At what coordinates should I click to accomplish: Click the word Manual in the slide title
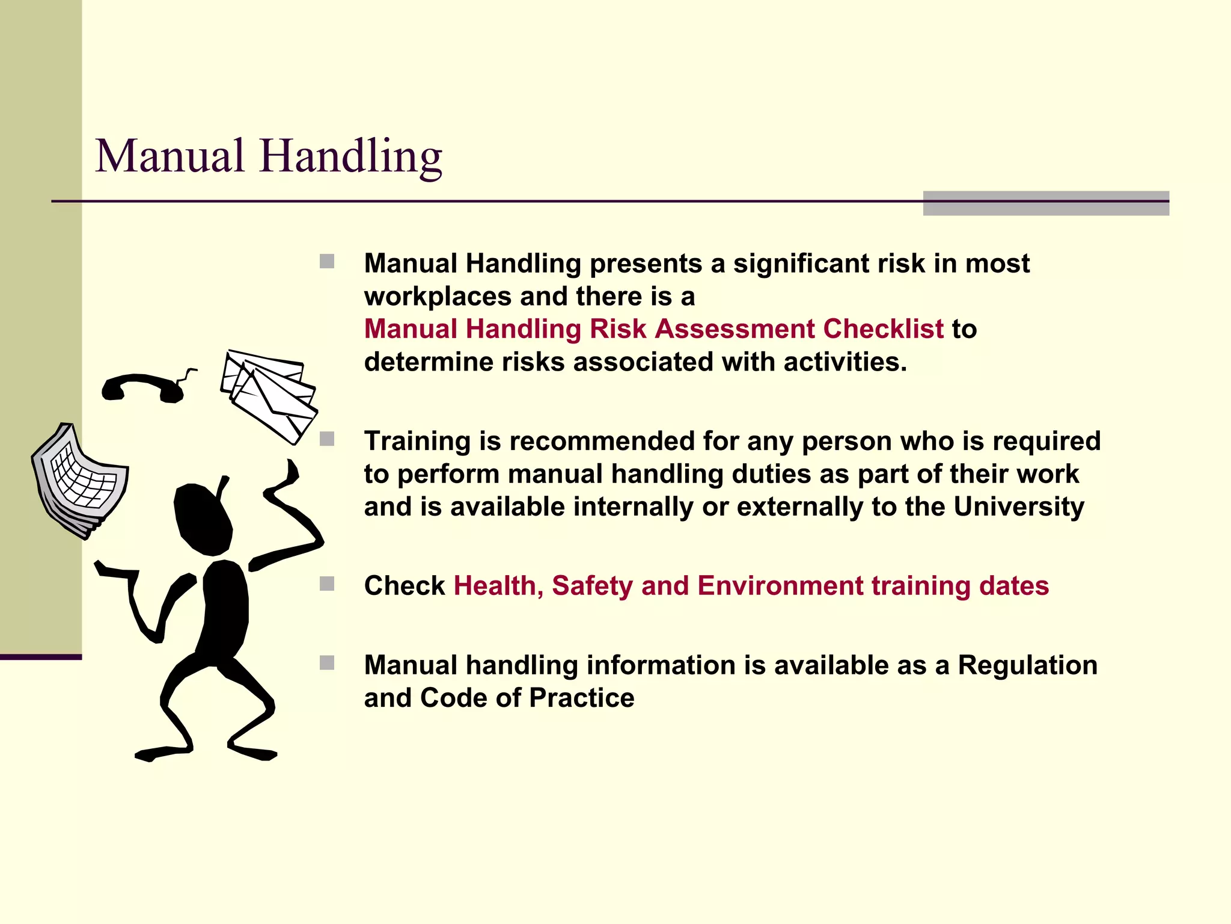click(x=170, y=156)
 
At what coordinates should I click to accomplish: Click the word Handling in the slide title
click(x=351, y=156)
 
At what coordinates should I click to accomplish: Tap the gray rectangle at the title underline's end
click(x=1045, y=203)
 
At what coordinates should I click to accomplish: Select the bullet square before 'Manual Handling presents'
click(x=327, y=262)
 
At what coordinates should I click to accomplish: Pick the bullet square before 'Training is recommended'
click(x=327, y=439)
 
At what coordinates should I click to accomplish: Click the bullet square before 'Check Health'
click(x=327, y=584)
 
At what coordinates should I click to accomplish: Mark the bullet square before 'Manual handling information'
click(x=327, y=663)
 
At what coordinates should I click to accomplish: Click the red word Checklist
click(x=883, y=329)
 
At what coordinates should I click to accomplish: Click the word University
click(x=1019, y=507)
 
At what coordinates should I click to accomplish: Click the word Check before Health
click(x=404, y=585)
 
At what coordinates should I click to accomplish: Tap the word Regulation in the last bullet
click(x=1027, y=665)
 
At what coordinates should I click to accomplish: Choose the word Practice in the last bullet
click(x=581, y=698)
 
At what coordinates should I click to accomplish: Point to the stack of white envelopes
click(x=269, y=394)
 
